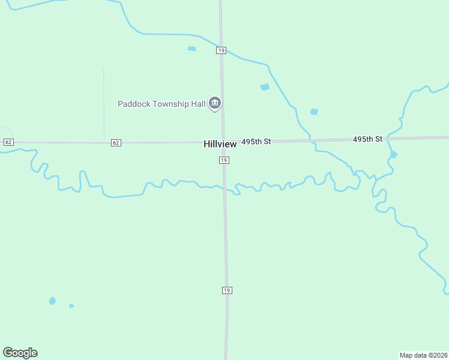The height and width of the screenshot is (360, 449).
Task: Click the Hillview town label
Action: tap(220, 144)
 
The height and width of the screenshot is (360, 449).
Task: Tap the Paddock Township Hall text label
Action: tap(161, 104)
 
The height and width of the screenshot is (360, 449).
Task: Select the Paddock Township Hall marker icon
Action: tap(215, 104)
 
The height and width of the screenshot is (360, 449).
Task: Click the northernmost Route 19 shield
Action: tap(221, 51)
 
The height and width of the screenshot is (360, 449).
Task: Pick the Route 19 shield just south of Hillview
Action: tap(223, 160)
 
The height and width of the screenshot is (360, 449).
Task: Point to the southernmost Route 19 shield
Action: tap(226, 290)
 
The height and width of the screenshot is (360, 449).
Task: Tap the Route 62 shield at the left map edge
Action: tap(8, 142)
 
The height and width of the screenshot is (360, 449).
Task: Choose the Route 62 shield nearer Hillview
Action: tap(116, 143)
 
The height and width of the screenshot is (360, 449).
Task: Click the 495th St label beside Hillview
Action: tap(256, 142)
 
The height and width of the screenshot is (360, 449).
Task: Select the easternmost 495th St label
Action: tap(367, 139)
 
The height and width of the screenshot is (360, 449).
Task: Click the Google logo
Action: tap(20, 353)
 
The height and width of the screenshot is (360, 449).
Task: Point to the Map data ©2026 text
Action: tap(423, 355)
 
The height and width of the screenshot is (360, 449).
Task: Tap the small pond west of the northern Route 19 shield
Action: tap(192, 49)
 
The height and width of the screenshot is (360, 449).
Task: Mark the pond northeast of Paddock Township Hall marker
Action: tap(265, 87)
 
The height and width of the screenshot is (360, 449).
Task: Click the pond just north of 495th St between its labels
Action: tap(313, 112)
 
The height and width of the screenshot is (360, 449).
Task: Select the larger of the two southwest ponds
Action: tap(52, 301)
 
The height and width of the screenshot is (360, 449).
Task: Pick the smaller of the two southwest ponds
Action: tap(71, 306)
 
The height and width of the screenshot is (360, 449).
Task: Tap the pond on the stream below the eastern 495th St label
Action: tap(393, 155)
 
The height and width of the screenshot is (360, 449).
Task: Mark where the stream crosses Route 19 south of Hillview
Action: tap(225, 190)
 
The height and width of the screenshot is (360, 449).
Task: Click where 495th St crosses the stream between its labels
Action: tap(311, 140)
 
